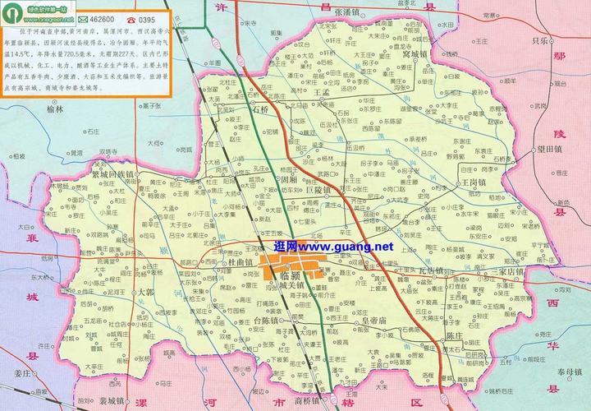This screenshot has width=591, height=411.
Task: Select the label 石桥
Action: [261, 109]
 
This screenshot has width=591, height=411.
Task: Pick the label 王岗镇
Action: [473, 182]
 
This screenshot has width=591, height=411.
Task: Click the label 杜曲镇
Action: [240, 261]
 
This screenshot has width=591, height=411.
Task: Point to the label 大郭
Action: [145, 292]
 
